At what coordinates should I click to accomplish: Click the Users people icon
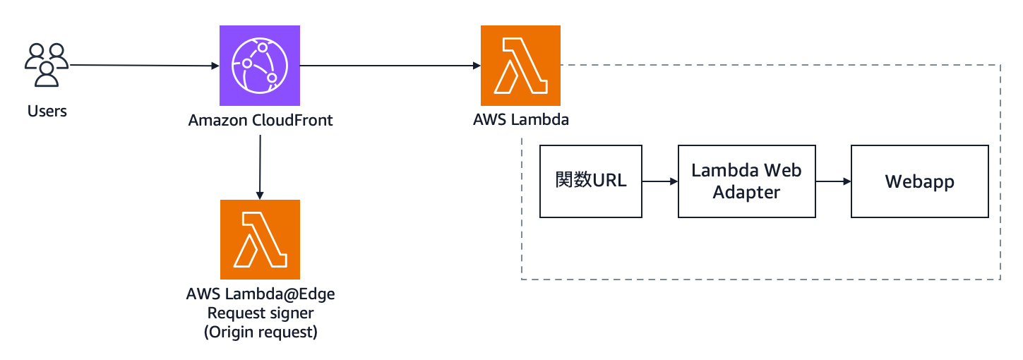coord(47,65)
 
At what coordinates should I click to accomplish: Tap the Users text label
coord(47,111)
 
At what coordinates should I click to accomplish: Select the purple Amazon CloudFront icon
coord(260,66)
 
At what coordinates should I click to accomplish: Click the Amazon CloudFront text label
coord(261,121)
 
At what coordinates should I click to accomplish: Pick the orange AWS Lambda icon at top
coord(520,66)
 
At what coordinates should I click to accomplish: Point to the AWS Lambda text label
coord(521,120)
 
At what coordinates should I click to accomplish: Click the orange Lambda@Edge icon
coord(260,240)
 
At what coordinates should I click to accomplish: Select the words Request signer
coord(261,313)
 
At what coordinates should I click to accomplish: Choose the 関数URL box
coord(591,181)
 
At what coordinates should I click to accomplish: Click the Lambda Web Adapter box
coord(746,181)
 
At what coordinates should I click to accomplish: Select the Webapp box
coord(919,181)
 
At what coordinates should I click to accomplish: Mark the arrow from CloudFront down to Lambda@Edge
coord(260,166)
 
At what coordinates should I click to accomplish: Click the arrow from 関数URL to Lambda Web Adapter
coord(659,181)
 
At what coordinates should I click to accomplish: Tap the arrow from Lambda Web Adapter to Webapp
coord(833,181)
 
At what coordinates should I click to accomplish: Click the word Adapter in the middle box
coord(746,193)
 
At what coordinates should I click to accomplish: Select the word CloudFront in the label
coord(292,121)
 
